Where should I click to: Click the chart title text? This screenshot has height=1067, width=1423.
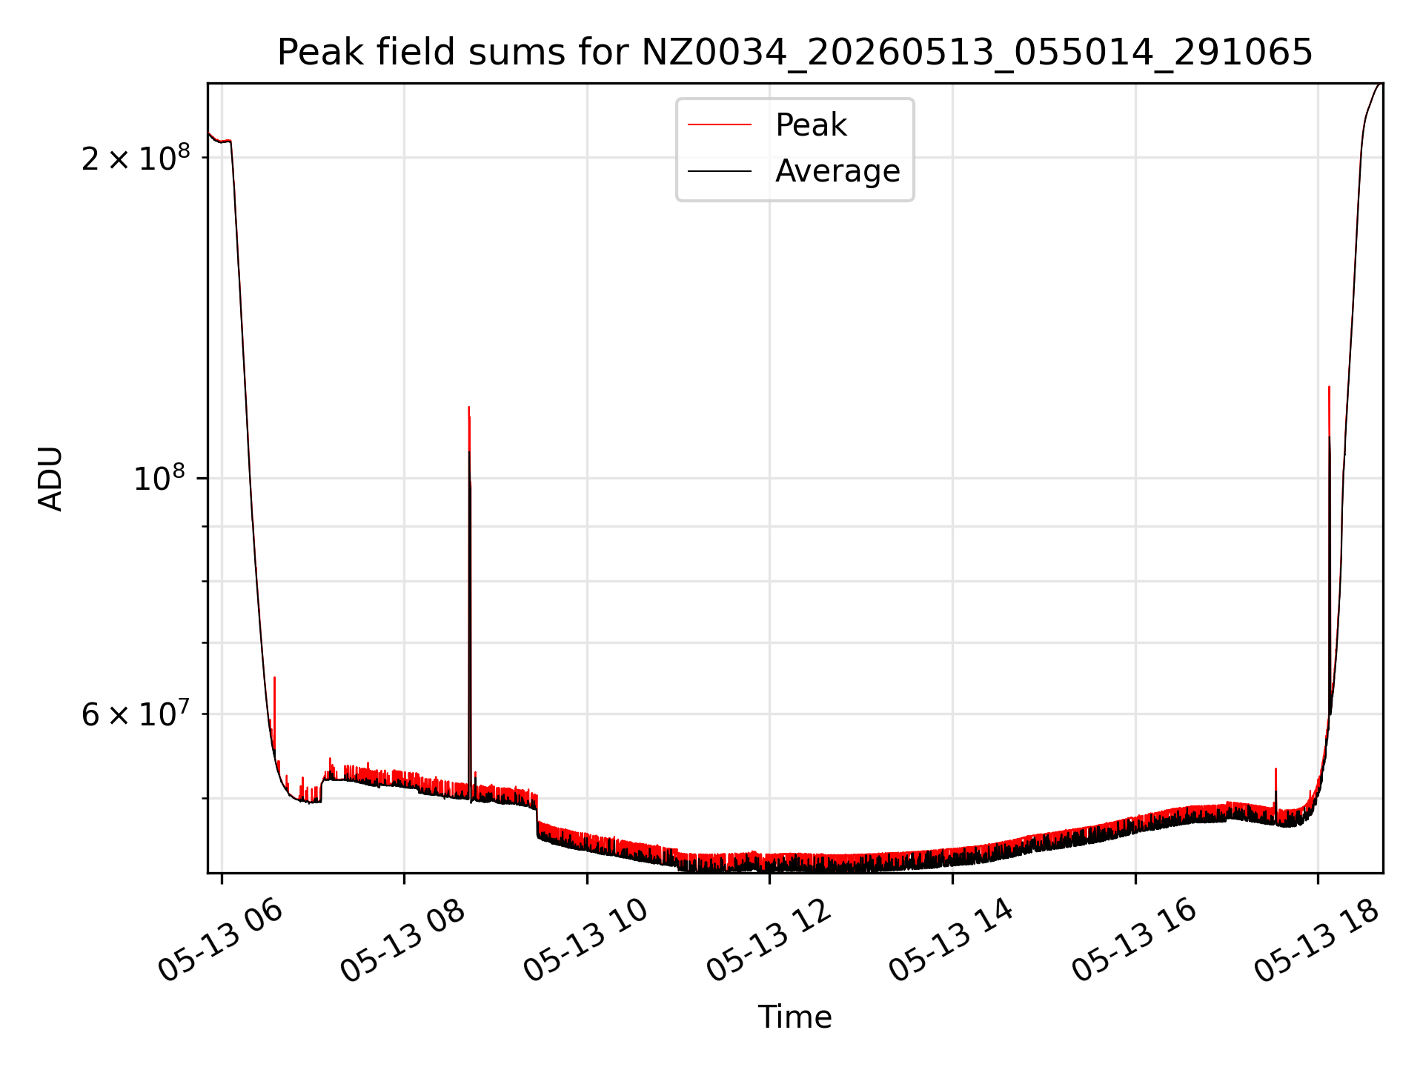tap(795, 53)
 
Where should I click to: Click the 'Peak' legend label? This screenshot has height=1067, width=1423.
tap(811, 125)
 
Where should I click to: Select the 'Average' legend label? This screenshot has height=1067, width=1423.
tap(837, 171)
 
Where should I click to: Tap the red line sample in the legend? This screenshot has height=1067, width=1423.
tap(720, 125)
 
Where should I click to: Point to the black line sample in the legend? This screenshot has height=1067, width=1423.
tap(720, 171)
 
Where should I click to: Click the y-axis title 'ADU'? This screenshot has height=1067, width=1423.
tap(50, 479)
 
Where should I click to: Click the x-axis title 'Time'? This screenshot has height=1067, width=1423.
tap(795, 1017)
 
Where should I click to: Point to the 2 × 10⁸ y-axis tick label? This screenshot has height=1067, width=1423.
tap(136, 156)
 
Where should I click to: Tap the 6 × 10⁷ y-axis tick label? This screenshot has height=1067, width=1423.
tap(136, 714)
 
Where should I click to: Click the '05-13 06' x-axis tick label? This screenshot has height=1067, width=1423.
tap(220, 940)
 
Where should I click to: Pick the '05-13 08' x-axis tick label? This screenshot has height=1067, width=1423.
tap(402, 940)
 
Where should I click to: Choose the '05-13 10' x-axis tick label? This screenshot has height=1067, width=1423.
tap(586, 940)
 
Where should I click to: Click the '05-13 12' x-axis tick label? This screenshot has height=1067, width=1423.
tap(769, 940)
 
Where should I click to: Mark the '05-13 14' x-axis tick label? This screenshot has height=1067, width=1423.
tap(951, 940)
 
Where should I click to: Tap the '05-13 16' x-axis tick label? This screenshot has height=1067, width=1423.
tap(1134, 940)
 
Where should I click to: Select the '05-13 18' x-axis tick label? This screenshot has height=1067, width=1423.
tap(1316, 940)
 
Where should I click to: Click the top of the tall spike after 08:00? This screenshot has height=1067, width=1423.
tap(468, 407)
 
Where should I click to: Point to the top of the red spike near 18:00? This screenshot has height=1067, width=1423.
tap(1329, 387)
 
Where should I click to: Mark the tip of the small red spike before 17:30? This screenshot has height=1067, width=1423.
tap(1276, 769)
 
